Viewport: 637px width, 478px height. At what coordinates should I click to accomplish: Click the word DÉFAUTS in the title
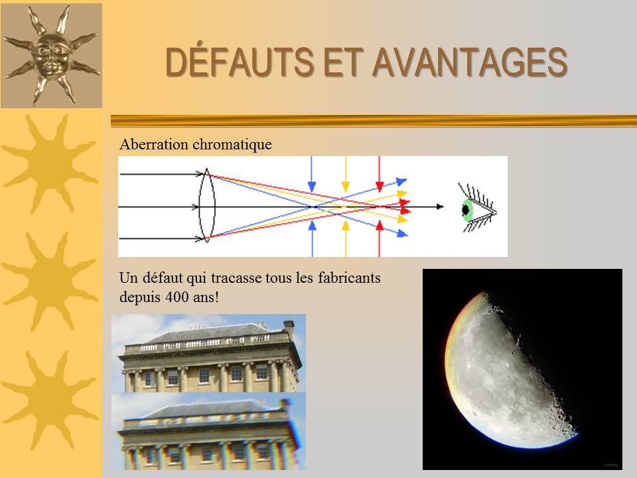239,62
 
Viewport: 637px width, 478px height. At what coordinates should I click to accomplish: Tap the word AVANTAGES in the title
470,62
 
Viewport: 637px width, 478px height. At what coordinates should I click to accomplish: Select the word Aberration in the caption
154,144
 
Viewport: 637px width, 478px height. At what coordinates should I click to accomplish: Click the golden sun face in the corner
51,56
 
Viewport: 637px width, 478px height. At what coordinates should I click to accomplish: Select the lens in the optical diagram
206,206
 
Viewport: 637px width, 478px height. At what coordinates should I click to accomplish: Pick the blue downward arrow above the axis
312,174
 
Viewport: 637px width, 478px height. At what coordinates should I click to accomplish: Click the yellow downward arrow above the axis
345,174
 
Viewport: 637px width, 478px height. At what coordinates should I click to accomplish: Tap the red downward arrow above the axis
379,174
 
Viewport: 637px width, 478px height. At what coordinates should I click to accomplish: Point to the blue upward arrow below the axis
312,239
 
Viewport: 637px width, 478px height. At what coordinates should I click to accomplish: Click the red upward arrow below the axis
379,239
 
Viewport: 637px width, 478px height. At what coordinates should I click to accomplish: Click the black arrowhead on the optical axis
440,206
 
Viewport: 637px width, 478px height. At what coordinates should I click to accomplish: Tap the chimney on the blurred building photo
286,406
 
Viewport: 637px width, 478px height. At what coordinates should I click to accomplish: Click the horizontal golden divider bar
374,121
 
